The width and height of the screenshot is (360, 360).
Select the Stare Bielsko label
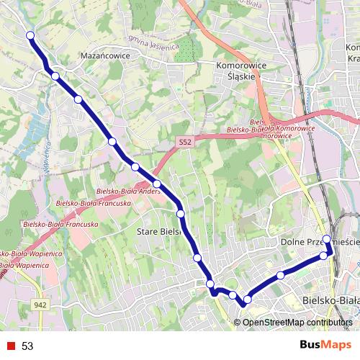pos(159,233)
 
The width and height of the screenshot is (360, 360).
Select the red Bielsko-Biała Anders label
pos(127,192)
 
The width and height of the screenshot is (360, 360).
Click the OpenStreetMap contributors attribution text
pos(297,322)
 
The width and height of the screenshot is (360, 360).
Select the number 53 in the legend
pos(27,346)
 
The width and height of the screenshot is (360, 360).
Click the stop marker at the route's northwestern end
pos(30,35)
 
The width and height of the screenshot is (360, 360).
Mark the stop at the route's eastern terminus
pos(326,239)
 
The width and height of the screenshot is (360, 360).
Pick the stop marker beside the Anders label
pos(157,184)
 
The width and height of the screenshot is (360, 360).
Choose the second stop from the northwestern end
pos(55,76)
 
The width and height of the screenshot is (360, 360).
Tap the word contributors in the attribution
pos(329,322)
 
